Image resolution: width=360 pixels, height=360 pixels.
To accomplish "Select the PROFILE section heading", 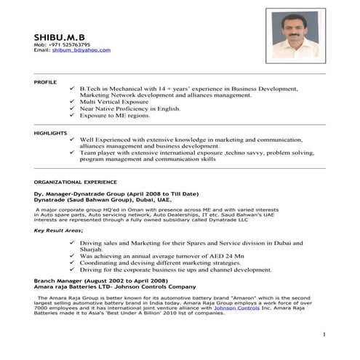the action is point(45,83).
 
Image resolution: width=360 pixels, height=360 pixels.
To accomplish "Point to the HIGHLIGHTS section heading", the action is point(50,132).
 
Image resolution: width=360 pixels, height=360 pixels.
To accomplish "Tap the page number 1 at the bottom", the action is point(323,333).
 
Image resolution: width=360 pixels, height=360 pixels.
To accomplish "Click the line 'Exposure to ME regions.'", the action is point(115,116).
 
